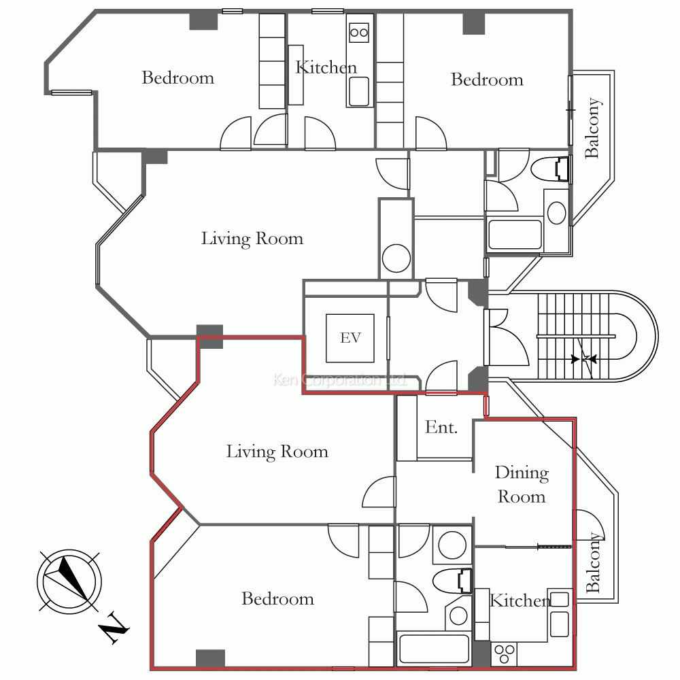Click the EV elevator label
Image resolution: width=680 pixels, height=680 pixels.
(x=350, y=337)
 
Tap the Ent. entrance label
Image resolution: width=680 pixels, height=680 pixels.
(x=441, y=427)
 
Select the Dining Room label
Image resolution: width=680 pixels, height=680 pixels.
(x=522, y=484)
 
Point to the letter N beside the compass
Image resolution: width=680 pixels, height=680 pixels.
(x=114, y=627)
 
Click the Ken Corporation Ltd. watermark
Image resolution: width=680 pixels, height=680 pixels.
(x=340, y=380)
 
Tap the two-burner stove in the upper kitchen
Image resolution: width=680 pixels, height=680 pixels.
(x=359, y=33)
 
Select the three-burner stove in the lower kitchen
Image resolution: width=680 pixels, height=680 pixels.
(x=505, y=654)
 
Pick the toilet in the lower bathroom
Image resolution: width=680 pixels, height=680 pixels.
(x=452, y=581)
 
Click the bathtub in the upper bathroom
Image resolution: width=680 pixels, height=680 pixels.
(x=515, y=235)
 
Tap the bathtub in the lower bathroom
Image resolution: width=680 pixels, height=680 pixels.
(x=434, y=649)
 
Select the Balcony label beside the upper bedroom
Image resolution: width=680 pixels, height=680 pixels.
(x=593, y=128)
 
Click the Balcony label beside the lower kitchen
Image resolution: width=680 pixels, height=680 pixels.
(x=594, y=562)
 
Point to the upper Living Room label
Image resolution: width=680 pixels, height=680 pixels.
(x=252, y=239)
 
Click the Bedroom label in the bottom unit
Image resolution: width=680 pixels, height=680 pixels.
(x=277, y=598)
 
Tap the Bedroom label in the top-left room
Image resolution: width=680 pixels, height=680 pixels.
(x=177, y=78)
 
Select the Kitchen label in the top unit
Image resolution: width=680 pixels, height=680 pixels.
(x=326, y=67)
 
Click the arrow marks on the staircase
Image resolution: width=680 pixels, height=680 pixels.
(x=583, y=359)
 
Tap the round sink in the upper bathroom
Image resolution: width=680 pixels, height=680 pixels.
(x=556, y=213)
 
